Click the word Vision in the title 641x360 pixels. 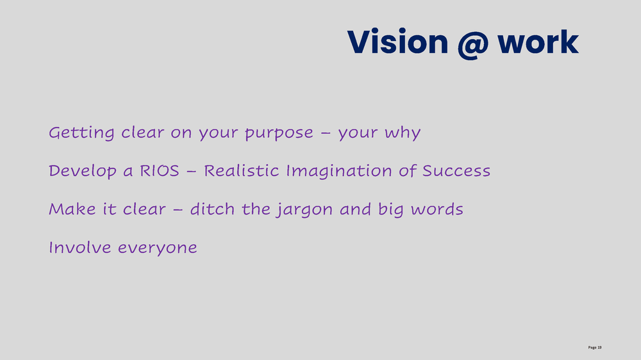tap(398, 42)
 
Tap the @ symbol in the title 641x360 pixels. tap(472, 44)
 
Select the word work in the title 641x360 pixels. tap(538, 42)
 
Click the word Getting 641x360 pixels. tap(81, 133)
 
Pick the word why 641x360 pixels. tap(403, 133)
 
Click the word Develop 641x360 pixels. tap(82, 172)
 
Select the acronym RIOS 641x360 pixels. tap(160, 171)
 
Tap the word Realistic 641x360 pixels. tap(241, 170)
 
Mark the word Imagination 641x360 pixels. tap(339, 172)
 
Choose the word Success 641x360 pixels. tap(456, 171)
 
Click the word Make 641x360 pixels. tap(72, 209)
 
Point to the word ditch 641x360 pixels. tap(212, 209)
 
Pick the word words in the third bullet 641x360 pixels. tap(437, 209)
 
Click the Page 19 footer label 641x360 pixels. tap(595, 347)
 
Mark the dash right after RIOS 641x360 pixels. tap(191, 171)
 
